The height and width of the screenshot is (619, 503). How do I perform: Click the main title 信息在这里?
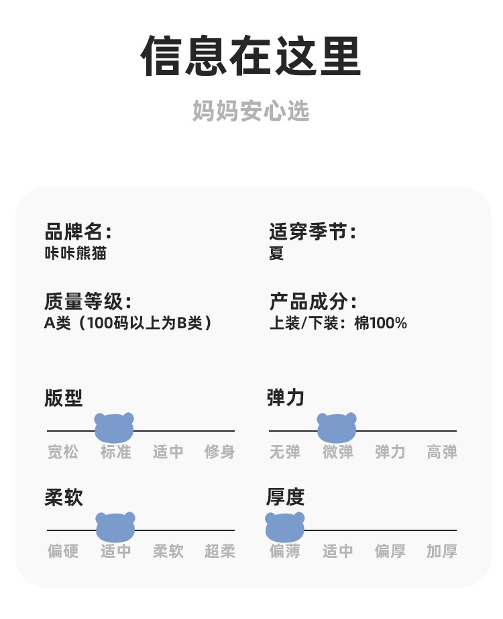click(x=251, y=56)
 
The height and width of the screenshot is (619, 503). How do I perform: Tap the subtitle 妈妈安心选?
click(x=251, y=111)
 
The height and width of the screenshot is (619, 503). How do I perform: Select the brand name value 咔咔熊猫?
click(x=75, y=254)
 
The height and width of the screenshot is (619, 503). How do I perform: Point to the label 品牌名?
click(x=78, y=232)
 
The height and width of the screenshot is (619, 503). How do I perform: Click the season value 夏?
click(x=276, y=254)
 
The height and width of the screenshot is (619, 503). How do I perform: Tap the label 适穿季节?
click(x=313, y=232)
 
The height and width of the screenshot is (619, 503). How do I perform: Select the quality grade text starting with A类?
click(x=129, y=323)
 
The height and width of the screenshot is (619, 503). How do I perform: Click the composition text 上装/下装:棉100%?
click(x=338, y=323)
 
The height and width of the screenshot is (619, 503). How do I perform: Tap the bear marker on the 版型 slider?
click(x=115, y=428)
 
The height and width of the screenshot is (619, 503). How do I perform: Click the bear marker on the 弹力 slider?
click(x=337, y=428)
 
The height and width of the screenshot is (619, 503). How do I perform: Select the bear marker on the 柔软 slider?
click(x=115, y=527)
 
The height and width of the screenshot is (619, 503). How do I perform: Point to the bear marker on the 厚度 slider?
click(x=285, y=527)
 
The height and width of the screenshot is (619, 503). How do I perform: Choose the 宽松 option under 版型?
click(x=63, y=453)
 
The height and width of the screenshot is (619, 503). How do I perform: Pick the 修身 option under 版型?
click(x=220, y=453)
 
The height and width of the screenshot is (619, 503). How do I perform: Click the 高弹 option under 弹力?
click(x=442, y=453)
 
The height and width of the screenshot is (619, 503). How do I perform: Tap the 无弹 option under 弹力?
click(x=285, y=453)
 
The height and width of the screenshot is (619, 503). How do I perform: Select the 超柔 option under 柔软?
click(x=220, y=552)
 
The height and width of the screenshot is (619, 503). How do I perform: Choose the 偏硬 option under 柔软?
click(x=63, y=552)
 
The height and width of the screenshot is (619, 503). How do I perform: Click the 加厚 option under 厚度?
click(x=442, y=552)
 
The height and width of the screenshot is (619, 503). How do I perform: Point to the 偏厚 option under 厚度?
click(x=390, y=552)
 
